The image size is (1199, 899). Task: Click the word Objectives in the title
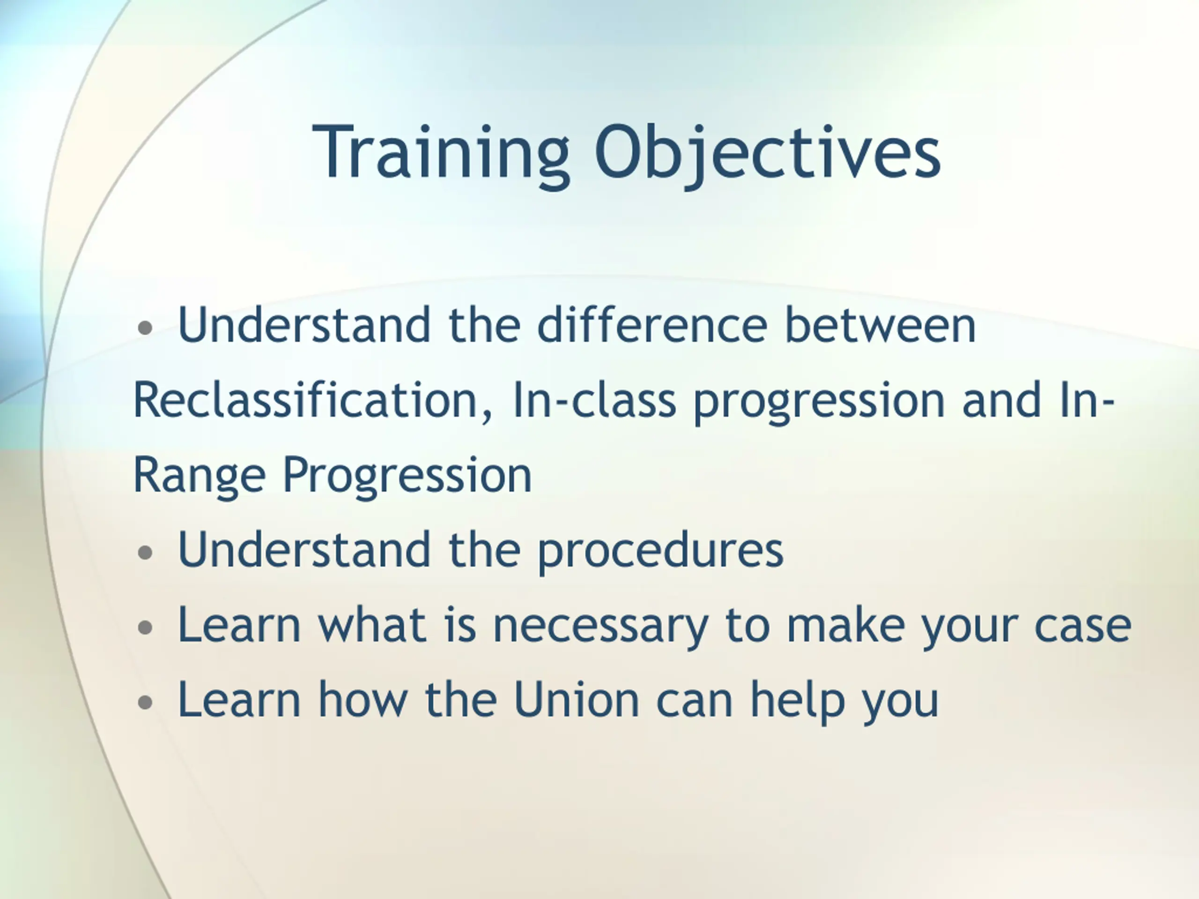click(768, 153)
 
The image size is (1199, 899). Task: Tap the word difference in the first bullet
click(652, 324)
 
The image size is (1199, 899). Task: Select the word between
click(880, 324)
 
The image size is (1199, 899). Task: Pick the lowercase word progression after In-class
click(819, 404)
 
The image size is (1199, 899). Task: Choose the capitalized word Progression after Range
click(407, 477)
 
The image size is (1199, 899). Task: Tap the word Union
click(576, 700)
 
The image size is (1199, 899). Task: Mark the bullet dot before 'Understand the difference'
click(145, 327)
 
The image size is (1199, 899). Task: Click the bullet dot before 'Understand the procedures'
click(145, 553)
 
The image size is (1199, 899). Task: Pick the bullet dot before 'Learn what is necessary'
click(145, 627)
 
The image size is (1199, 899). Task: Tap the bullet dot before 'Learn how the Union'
click(145, 702)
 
